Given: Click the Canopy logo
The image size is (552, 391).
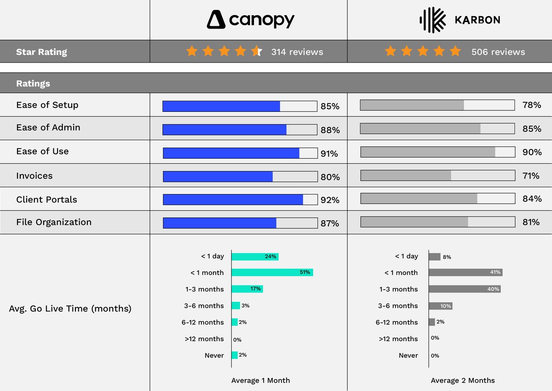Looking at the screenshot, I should tap(250, 20).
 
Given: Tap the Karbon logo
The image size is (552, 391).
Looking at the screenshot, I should tap(460, 20).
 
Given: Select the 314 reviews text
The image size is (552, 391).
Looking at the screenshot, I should tap(297, 52).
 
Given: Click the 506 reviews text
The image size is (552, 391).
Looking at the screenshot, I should tap(498, 52).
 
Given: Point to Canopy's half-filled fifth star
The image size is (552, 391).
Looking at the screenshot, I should tap(257, 52).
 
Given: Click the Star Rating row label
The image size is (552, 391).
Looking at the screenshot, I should tap(41, 52).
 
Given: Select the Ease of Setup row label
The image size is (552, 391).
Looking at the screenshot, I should tap(47, 105).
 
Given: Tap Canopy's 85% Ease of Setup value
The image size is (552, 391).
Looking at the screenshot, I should tap(330, 106).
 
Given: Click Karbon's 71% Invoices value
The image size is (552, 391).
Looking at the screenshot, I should tap(531, 176).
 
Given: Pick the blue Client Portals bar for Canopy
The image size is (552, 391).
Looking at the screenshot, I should tap(233, 200).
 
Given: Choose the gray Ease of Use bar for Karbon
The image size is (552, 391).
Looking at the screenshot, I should tap(428, 152).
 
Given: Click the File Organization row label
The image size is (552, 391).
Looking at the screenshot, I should tap(54, 222).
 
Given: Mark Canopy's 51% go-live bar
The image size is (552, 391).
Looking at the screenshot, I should tap(272, 272).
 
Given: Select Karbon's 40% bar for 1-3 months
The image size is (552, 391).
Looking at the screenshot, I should tap(465, 289).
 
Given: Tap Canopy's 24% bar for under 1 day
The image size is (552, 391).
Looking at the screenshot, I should tap(255, 256).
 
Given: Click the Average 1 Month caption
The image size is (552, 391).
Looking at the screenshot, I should tap(260, 380).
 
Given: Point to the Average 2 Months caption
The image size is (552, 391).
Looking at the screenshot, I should tap(463, 380).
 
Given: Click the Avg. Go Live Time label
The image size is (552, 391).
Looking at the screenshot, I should tap(70, 309).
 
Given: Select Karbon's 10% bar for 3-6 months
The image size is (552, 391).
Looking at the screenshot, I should tap(440, 306).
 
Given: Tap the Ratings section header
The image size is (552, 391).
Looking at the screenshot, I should tap(33, 84).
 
